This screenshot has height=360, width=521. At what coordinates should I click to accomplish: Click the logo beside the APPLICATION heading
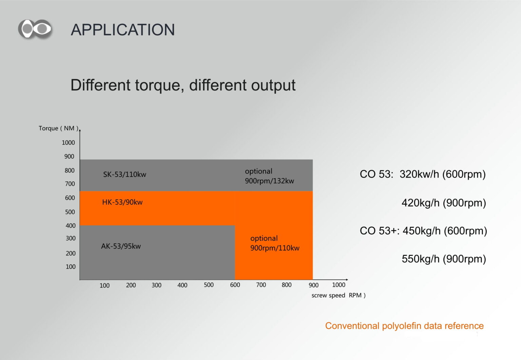click(x=35, y=29)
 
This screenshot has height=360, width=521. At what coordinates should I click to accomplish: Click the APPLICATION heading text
click(x=123, y=30)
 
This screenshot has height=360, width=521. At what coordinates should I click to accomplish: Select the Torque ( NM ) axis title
click(x=58, y=128)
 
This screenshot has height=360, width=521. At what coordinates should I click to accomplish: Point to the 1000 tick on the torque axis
click(x=69, y=142)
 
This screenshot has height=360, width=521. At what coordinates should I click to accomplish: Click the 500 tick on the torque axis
click(x=70, y=212)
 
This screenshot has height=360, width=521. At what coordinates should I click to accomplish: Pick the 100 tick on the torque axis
click(x=71, y=266)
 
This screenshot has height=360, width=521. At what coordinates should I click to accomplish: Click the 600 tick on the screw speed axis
click(x=235, y=285)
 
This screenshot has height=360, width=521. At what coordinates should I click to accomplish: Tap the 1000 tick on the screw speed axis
click(x=339, y=285)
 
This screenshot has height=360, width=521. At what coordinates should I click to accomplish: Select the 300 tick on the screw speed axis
click(x=156, y=285)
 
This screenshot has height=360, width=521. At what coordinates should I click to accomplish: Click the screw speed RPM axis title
click(x=339, y=295)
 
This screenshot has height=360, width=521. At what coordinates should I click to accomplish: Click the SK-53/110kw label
click(x=125, y=174)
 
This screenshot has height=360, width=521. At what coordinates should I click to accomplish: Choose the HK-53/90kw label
click(x=122, y=202)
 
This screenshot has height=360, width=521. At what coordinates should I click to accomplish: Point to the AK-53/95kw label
click(x=121, y=246)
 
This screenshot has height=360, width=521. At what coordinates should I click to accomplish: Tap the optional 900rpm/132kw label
click(x=269, y=176)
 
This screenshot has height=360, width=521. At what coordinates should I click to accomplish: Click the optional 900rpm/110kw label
click(x=275, y=243)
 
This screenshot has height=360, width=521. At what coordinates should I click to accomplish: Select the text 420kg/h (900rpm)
click(x=444, y=203)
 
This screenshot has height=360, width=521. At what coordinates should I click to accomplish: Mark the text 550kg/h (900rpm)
click(x=444, y=259)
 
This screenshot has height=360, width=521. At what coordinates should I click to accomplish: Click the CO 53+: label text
click(x=380, y=231)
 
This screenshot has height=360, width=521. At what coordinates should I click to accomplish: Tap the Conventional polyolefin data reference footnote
click(x=404, y=326)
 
